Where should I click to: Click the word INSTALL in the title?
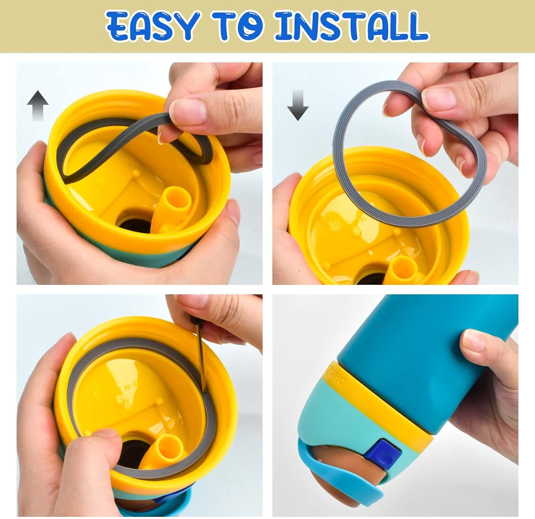point(351,26)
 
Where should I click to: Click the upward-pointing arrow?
point(37,105)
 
